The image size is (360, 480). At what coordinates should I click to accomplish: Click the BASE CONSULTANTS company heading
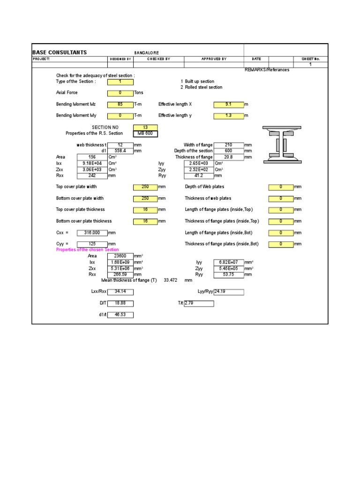(x=60, y=52)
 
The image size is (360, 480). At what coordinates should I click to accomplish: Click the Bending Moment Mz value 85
(x=120, y=105)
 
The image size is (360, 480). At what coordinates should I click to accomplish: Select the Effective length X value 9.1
(x=228, y=105)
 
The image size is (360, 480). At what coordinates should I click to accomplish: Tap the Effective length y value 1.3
(x=228, y=115)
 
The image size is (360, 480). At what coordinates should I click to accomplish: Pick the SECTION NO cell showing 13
(x=145, y=127)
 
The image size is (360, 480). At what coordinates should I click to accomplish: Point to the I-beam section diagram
(x=281, y=144)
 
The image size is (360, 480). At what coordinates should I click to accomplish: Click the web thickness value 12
(x=120, y=145)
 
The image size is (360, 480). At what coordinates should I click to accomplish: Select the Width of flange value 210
(x=228, y=145)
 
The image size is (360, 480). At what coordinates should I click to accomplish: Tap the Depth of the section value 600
(x=228, y=151)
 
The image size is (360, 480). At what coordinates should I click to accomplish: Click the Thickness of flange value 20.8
(x=228, y=157)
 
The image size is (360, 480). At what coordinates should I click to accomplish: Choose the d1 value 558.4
(x=120, y=151)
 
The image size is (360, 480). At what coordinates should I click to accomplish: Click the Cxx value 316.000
(x=92, y=232)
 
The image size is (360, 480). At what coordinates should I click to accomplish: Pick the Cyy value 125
(x=92, y=244)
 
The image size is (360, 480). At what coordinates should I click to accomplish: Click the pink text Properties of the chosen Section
(x=88, y=250)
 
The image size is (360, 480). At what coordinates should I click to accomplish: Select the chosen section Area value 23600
(x=120, y=256)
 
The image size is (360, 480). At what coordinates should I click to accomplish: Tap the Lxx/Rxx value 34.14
(x=120, y=292)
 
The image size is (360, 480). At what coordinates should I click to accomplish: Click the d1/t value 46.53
(x=120, y=315)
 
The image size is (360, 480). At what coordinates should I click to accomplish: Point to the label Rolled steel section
(x=203, y=87)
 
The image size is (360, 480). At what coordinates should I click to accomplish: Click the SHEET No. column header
(x=310, y=59)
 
